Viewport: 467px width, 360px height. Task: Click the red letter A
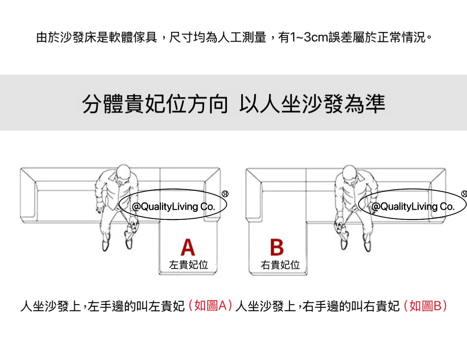(188, 247)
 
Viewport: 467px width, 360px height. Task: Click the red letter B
(277, 247)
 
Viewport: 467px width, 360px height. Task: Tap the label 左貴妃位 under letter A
(188, 265)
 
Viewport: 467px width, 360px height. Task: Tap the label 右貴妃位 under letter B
(280, 265)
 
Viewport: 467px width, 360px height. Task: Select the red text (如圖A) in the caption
(210, 306)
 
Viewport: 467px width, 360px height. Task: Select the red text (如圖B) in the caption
(425, 306)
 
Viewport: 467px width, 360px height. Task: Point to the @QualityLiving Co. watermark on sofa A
(173, 206)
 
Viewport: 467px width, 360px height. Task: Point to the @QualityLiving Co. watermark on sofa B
(413, 206)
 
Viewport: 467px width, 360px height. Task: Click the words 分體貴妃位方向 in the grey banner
(155, 104)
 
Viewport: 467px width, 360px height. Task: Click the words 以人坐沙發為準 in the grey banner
(312, 104)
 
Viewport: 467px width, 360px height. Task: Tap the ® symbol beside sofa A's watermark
(225, 194)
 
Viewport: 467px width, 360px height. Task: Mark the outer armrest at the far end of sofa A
(28, 194)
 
